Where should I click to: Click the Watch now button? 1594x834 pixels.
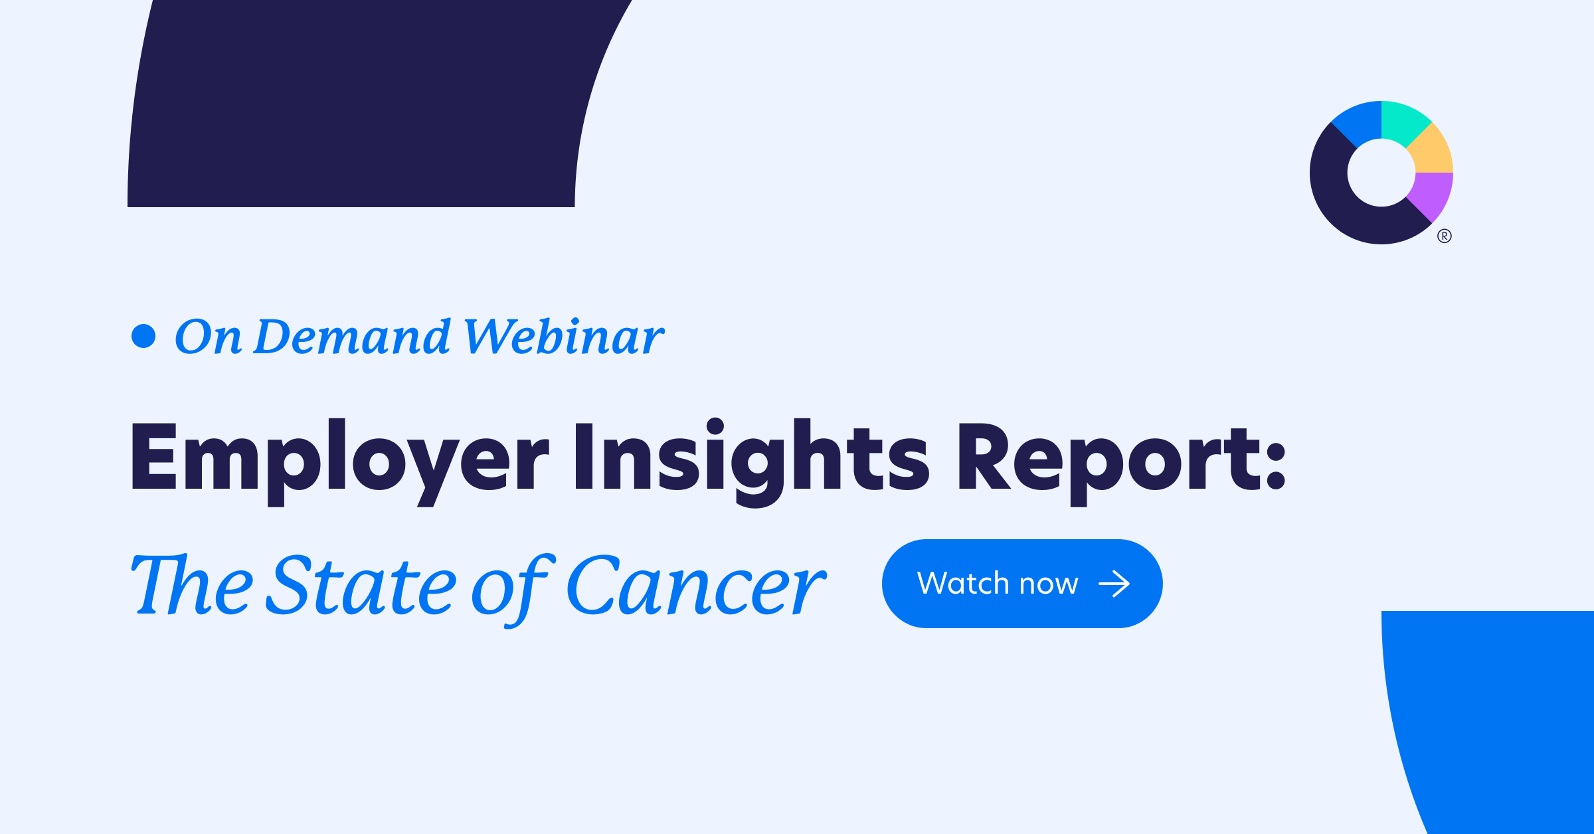[1022, 584]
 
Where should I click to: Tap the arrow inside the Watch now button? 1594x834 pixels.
[1114, 584]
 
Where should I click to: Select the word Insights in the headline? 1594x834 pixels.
[752, 463]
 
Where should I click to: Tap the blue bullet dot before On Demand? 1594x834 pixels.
[143, 336]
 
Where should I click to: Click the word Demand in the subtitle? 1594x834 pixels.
[353, 336]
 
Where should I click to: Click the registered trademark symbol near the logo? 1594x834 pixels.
[1445, 236]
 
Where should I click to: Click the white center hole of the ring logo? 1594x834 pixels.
[1381, 173]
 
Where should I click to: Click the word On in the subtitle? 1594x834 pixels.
[208, 336]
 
